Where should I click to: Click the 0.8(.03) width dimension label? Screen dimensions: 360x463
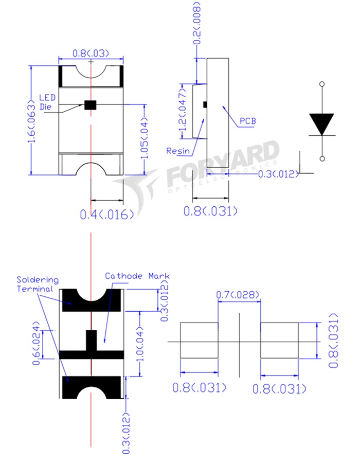[91, 54]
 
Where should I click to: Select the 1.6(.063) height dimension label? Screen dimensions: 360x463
[31, 120]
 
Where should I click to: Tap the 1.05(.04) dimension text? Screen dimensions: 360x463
[145, 138]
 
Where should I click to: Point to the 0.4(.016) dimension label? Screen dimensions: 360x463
[107, 215]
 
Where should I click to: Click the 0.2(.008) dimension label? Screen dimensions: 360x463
[197, 23]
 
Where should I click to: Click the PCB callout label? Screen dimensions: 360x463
[247, 121]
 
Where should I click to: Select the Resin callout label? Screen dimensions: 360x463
[178, 151]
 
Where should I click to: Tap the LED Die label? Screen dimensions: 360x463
[47, 102]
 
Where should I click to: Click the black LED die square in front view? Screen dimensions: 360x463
[91, 105]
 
